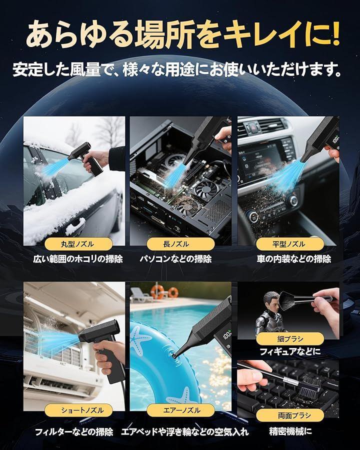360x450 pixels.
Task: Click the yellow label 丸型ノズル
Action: [x=78, y=244]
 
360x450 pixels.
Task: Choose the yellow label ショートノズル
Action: [x=78, y=410]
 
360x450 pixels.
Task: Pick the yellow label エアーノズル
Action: [x=180, y=410]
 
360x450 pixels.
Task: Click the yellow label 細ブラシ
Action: [x=290, y=339]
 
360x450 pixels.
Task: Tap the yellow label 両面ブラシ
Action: [x=290, y=415]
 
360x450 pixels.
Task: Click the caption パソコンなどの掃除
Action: [x=175, y=259]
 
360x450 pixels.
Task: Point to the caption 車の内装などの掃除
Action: [x=294, y=259]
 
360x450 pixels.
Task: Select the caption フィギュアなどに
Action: [x=290, y=352]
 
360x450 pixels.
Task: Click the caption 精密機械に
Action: [x=290, y=431]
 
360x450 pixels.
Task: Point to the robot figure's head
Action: [x=270, y=301]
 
